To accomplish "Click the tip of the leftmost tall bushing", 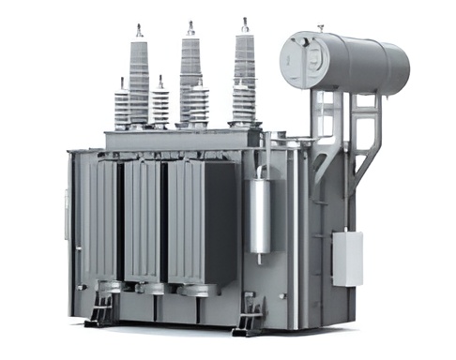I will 138,31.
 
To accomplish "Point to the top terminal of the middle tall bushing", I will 190,26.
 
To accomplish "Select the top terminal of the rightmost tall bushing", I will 245,22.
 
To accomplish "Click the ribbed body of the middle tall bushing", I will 190,70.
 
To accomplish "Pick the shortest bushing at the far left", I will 121,105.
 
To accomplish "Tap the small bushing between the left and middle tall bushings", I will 160,103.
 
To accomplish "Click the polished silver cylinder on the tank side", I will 260,216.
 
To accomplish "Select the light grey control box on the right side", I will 346,258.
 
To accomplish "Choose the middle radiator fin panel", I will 143,220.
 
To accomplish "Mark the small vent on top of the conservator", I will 320,29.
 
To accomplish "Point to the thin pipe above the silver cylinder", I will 266,155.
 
